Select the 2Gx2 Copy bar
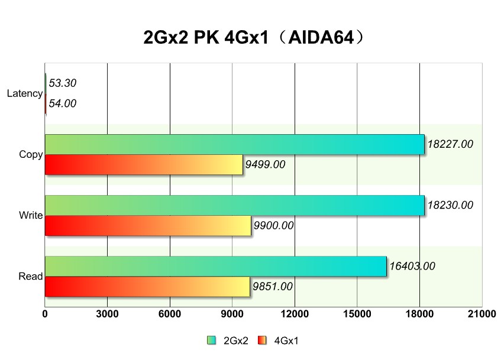(x=234, y=144)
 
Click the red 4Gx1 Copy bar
(x=144, y=164)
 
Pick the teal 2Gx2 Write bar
(x=234, y=205)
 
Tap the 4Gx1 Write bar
(x=148, y=225)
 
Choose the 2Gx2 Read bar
(x=215, y=266)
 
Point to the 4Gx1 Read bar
(x=147, y=286)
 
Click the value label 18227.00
(x=450, y=144)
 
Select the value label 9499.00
(x=265, y=164)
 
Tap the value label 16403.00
(x=412, y=267)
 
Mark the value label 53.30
(x=63, y=83)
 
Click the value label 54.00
(x=63, y=103)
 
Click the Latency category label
(x=25, y=93)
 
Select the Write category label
(x=31, y=215)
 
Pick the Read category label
(x=31, y=276)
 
